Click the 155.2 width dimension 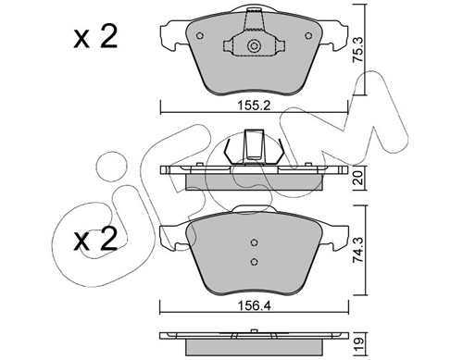tap(254, 106)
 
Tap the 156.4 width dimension tap(254, 306)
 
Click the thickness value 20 tap(358, 178)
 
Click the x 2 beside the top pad tap(95, 37)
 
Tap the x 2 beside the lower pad tap(95, 239)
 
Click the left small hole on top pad tap(200, 36)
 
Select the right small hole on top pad tap(308, 36)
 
